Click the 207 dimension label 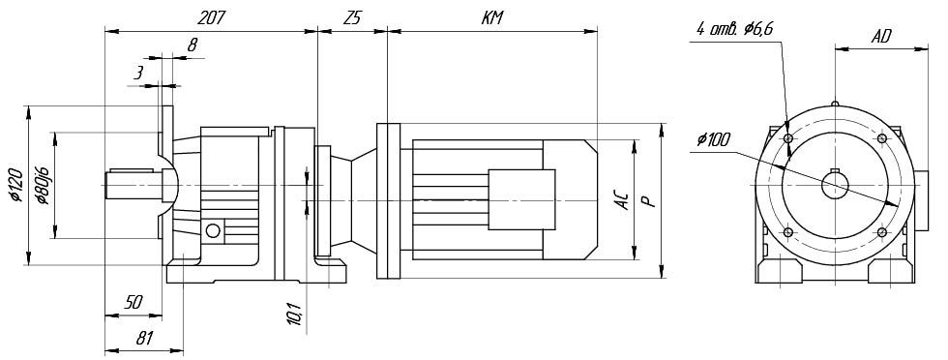pyautogui.click(x=211, y=18)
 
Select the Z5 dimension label pyautogui.click(x=351, y=18)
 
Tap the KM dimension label pyautogui.click(x=492, y=18)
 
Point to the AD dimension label pyautogui.click(x=881, y=37)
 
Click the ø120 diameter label pyautogui.click(x=17, y=185)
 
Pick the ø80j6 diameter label pyautogui.click(x=43, y=185)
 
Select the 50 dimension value pyautogui.click(x=133, y=303)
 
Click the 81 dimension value pyautogui.click(x=143, y=338)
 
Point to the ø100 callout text pyautogui.click(x=714, y=139)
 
